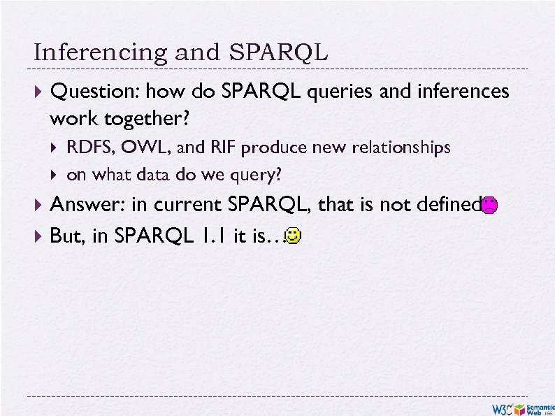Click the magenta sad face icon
pos(490,206)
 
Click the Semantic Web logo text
pos(539,408)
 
